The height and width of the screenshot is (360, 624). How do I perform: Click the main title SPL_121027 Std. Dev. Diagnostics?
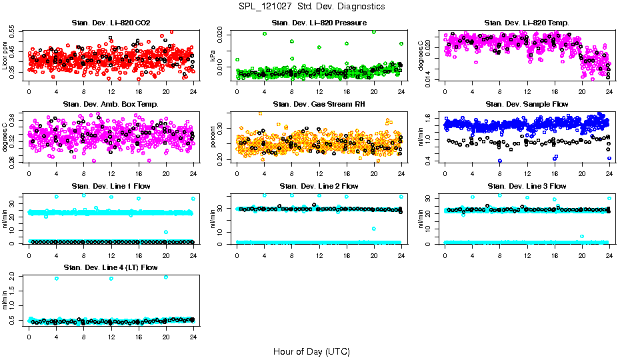(311, 6)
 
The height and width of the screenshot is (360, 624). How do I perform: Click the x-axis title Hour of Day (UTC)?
(311, 351)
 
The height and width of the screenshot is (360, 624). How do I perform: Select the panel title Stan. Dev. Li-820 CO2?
(111, 23)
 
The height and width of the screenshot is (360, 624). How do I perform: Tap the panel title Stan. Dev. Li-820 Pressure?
(319, 23)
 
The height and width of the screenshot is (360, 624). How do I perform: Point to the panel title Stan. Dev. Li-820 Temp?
(527, 23)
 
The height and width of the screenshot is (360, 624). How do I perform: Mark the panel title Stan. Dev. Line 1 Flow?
(111, 186)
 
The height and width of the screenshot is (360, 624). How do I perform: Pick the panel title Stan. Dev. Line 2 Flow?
(319, 186)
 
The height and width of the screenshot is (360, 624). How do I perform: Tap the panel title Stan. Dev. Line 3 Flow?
(527, 186)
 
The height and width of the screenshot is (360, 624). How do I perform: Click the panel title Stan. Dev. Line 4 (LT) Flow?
(111, 267)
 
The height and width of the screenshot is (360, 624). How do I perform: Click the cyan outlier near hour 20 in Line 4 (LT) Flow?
(166, 277)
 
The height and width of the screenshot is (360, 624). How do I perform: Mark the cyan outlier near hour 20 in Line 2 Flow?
(374, 229)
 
